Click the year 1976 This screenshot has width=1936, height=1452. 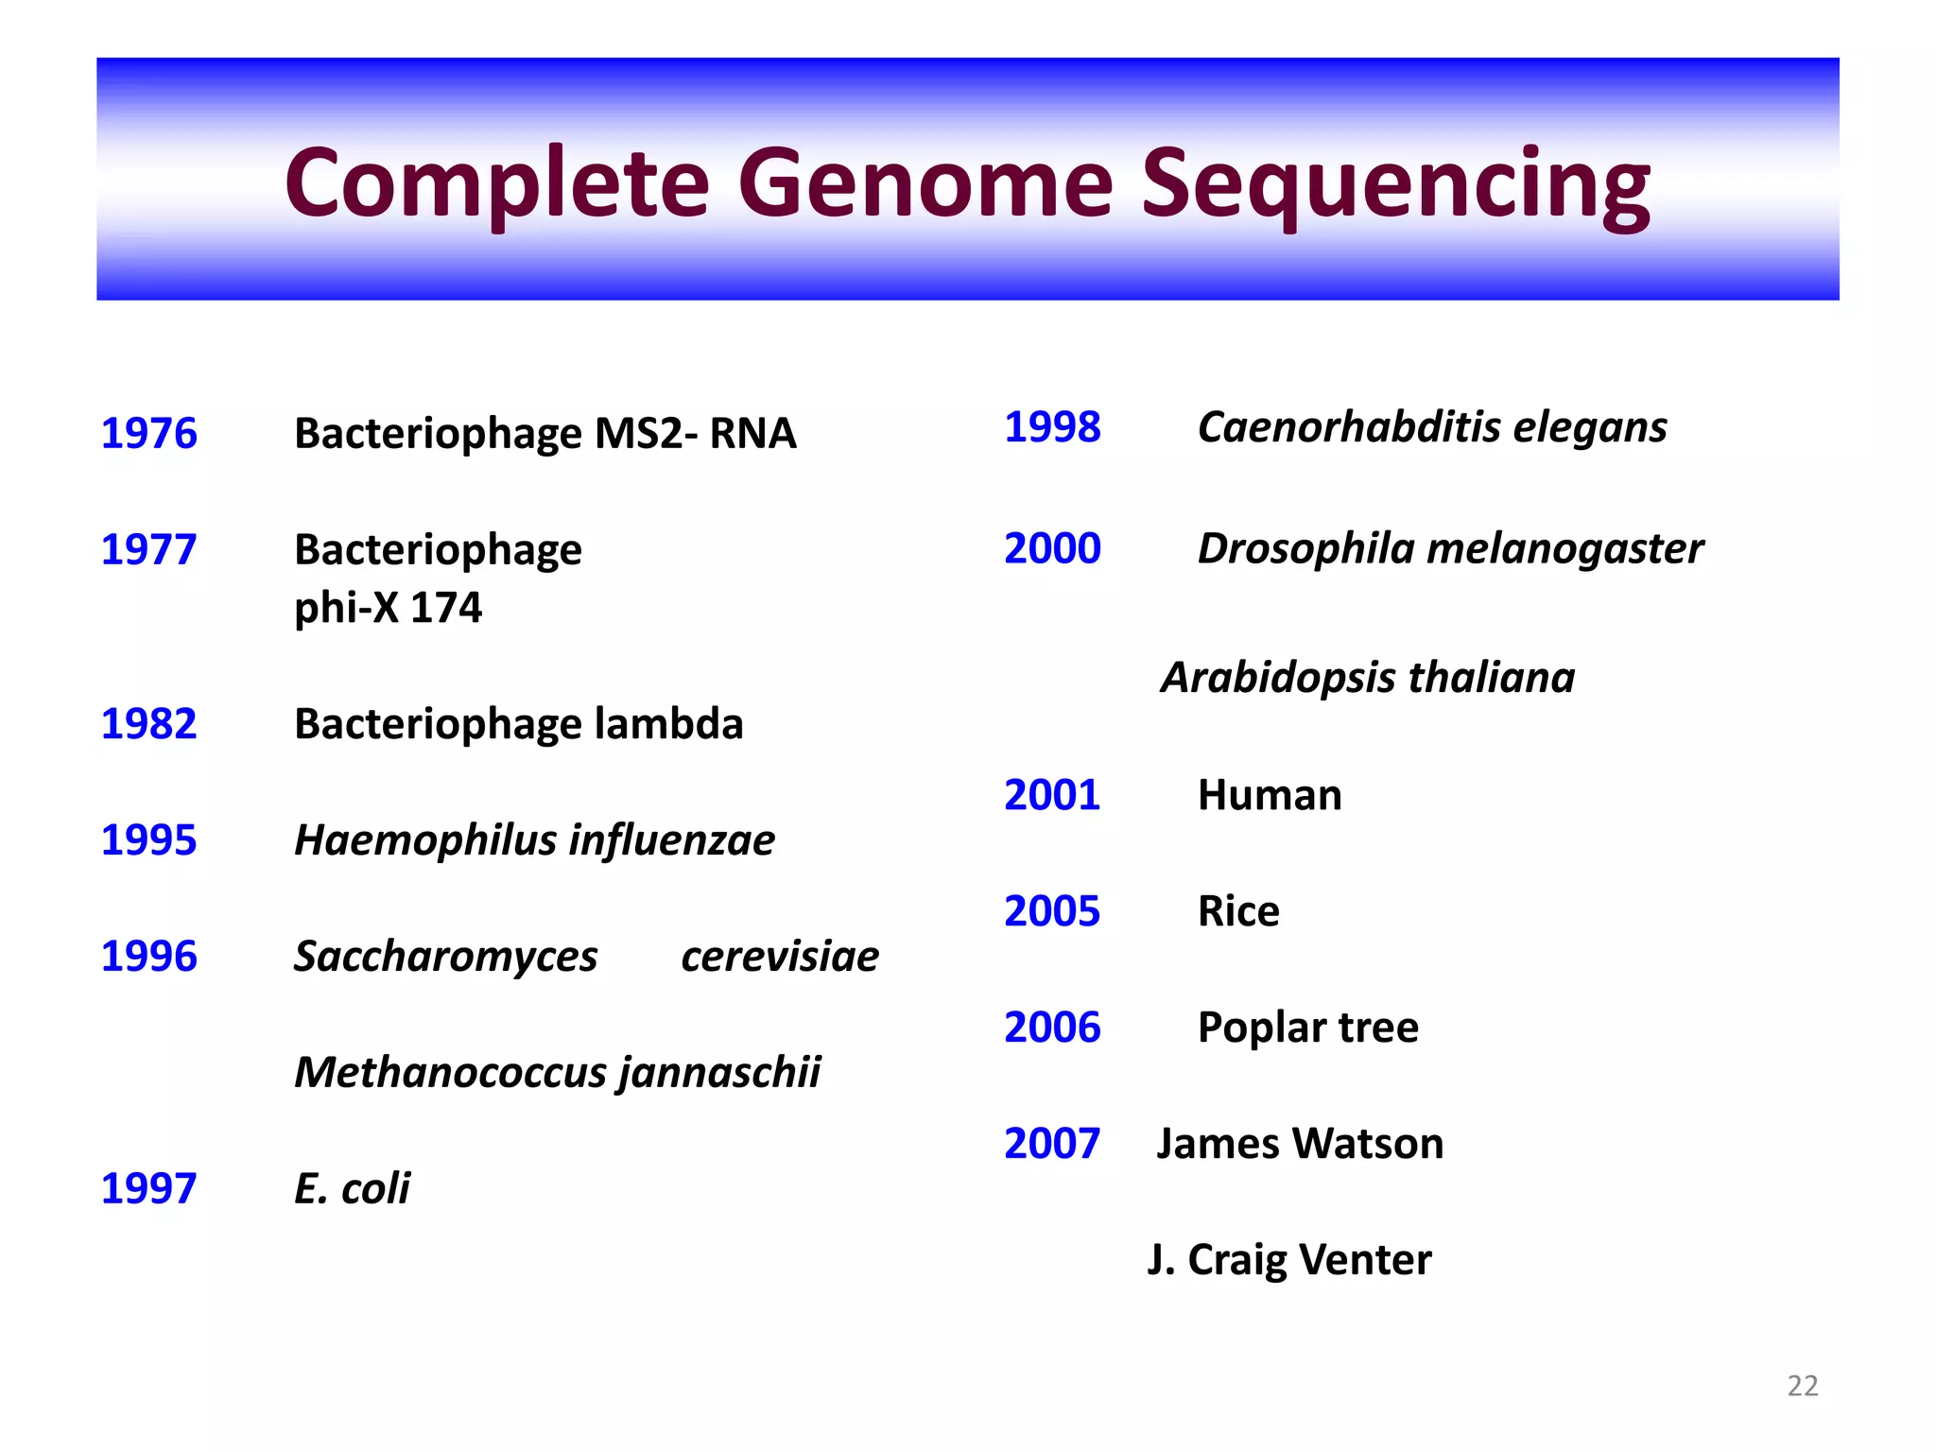(148, 434)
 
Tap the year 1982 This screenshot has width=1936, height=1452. (148, 724)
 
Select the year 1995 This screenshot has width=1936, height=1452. (148, 840)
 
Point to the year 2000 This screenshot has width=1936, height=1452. (1052, 549)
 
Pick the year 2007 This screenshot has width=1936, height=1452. (1052, 1144)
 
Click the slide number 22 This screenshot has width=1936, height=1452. (1802, 1386)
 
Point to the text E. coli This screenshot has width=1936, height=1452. (352, 1188)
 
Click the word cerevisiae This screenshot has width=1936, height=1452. (780, 957)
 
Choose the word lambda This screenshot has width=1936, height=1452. (668, 724)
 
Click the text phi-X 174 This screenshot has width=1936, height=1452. (388, 607)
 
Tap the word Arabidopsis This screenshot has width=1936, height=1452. (1278, 678)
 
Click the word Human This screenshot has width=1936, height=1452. (1269, 795)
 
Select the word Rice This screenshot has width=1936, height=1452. (1238, 911)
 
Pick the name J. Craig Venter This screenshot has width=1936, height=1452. (1288, 1260)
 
